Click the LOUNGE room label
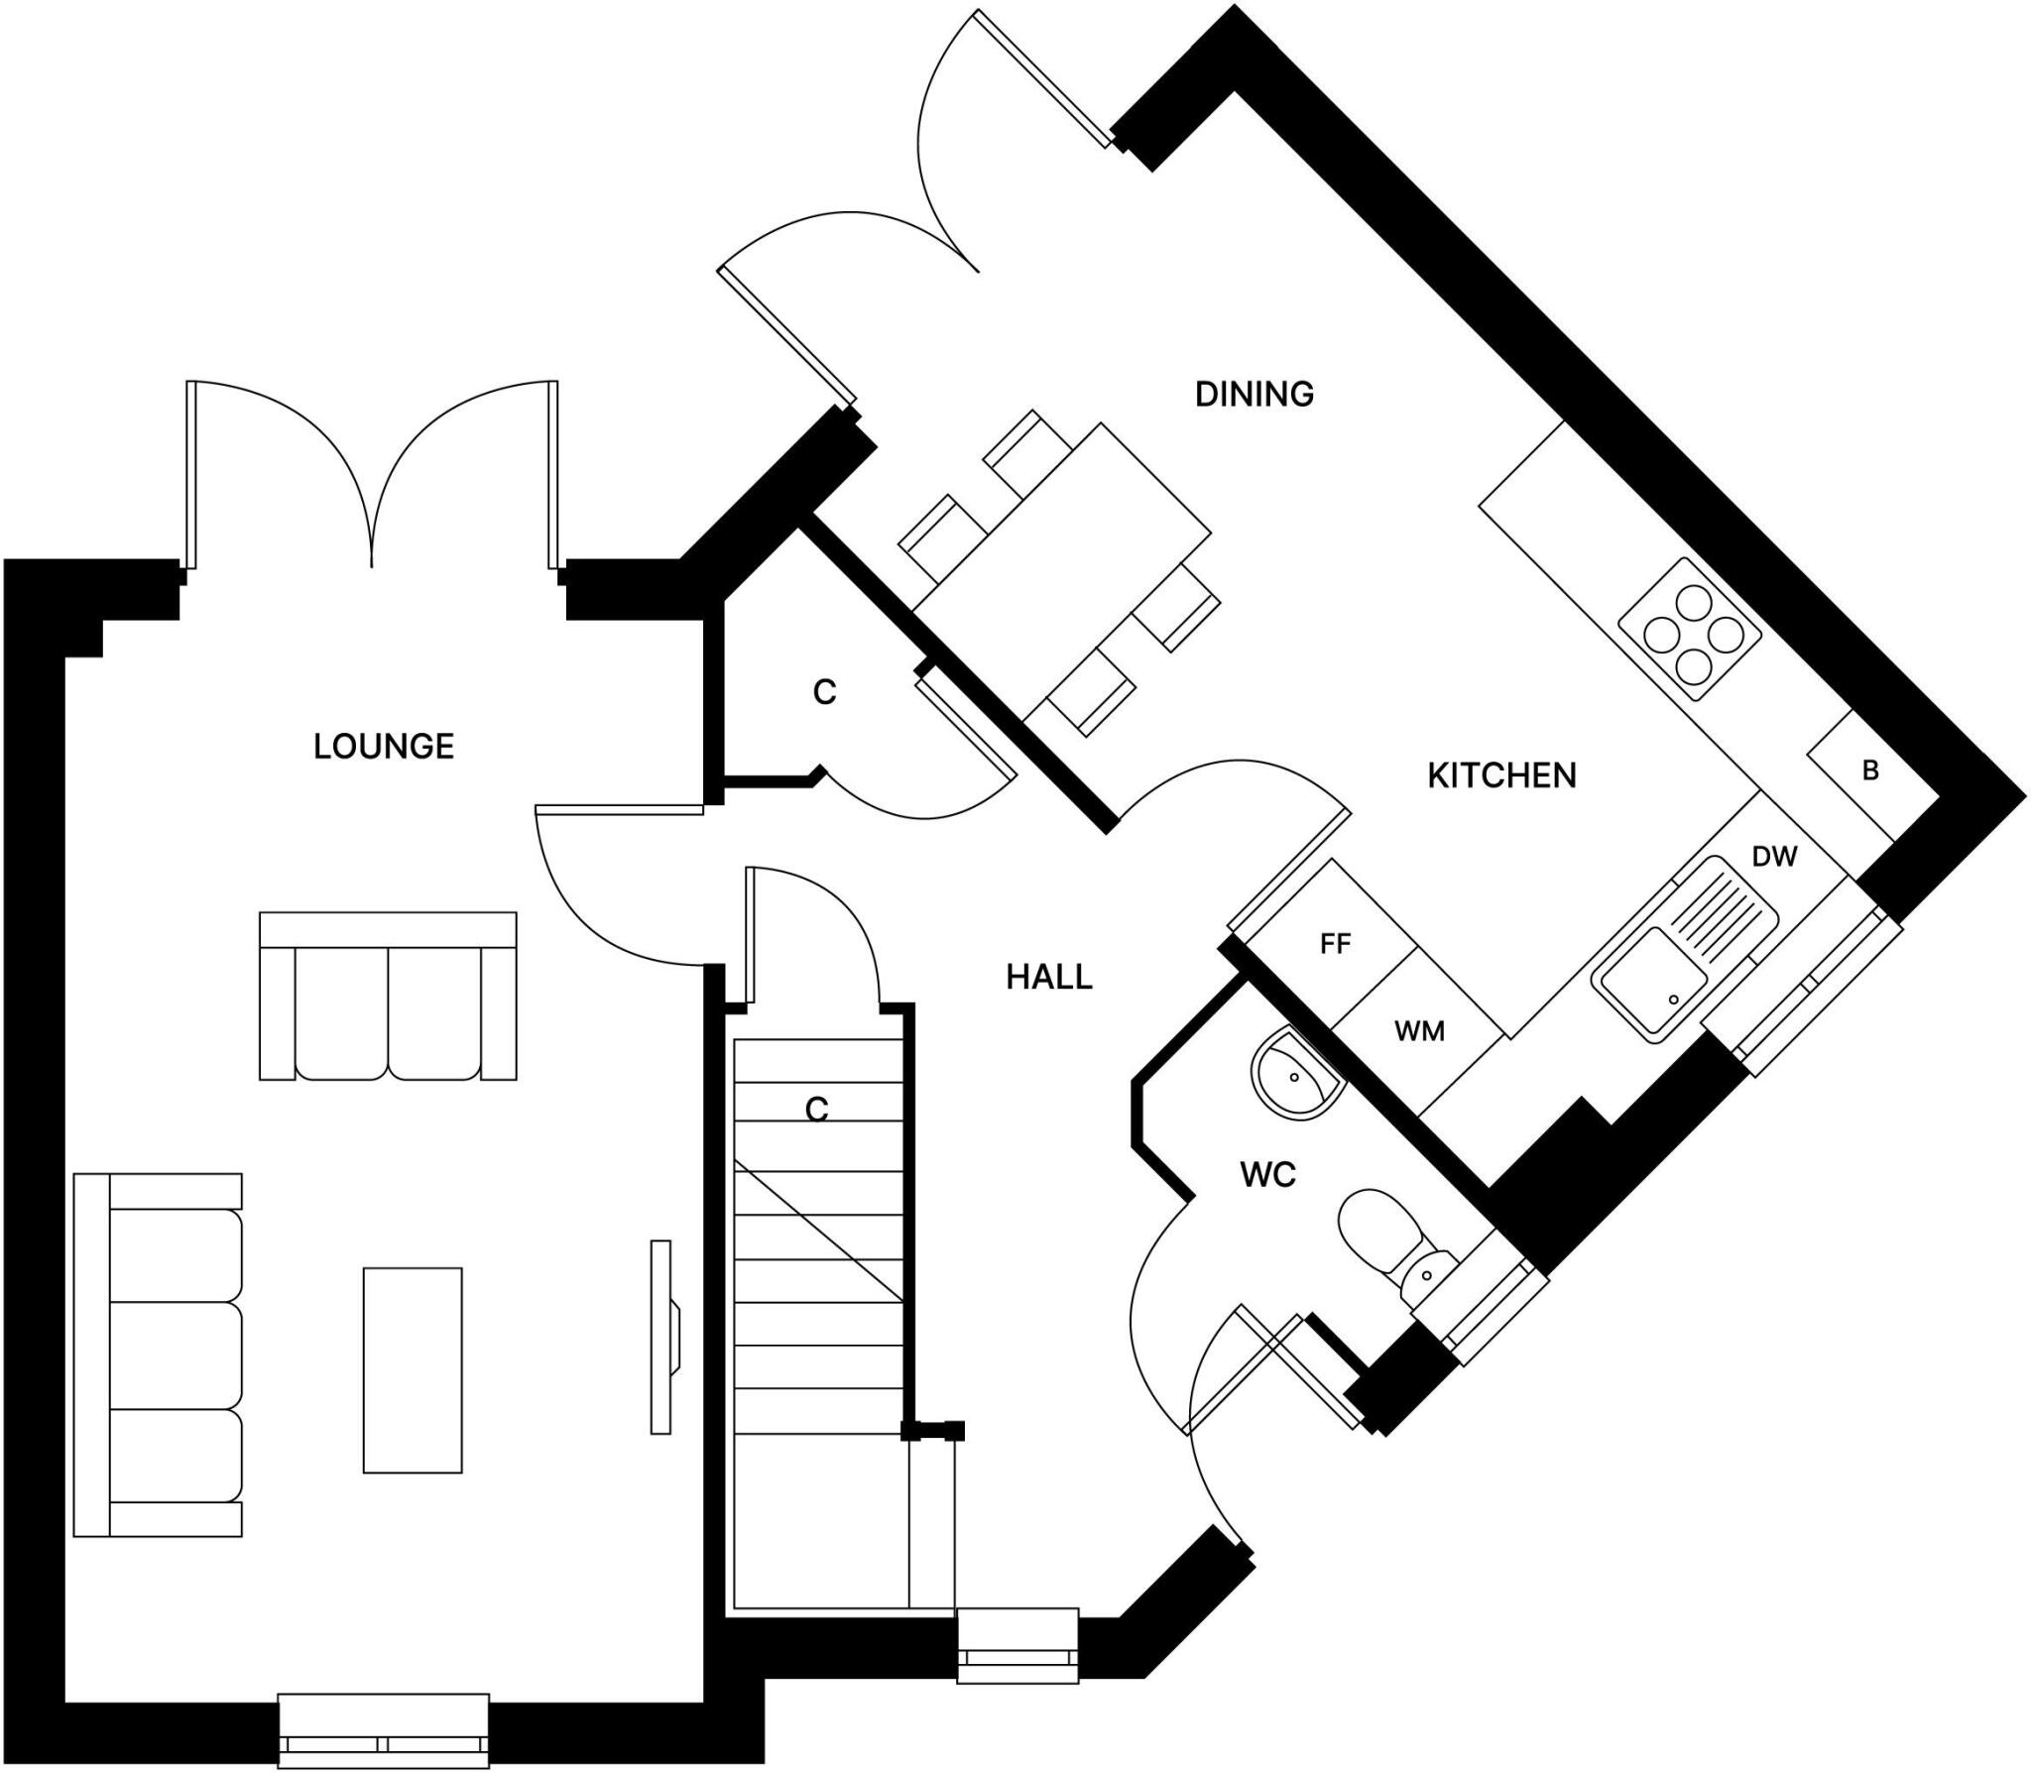coord(384,747)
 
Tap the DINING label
coord(1254,395)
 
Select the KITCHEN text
coord(1501,775)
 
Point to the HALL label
coord(1048,978)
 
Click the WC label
coord(1267,1175)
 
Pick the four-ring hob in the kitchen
coord(1690,630)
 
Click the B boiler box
coord(1870,770)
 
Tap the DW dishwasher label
coord(1774,857)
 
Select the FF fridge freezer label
coord(1335,944)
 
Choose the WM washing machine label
coord(1419,1032)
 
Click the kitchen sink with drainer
coord(1686,950)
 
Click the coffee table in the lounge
coord(413,1370)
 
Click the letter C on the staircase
coord(816,1109)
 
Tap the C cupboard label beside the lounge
coord(824,692)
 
